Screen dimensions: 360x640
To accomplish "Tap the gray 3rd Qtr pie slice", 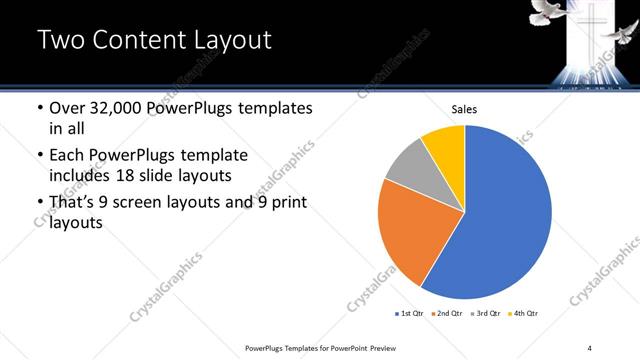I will [406, 165].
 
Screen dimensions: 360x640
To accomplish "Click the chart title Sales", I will [465, 108].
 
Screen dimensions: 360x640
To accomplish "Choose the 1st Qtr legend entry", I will [411, 314].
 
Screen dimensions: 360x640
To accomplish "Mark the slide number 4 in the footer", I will [590, 346].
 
